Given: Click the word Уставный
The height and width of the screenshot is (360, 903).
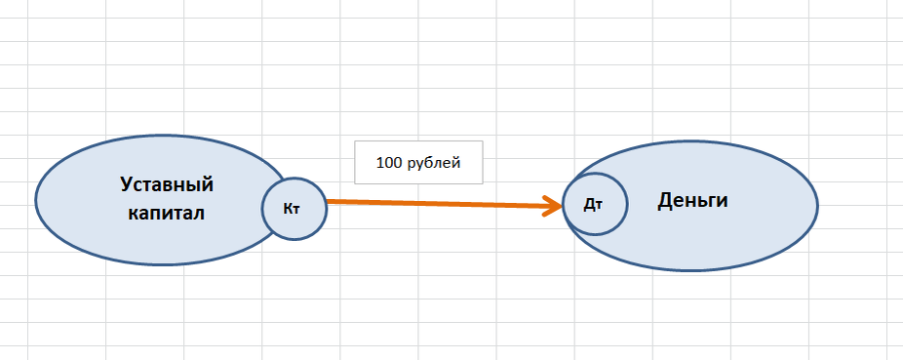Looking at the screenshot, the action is click(167, 185).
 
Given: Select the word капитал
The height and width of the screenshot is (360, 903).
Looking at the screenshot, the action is click(167, 214).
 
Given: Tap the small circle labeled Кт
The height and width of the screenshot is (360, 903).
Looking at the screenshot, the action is click(294, 209).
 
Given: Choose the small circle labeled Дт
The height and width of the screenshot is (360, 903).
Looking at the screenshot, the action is click(595, 204).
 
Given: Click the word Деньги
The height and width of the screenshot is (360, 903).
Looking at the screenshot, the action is click(692, 201).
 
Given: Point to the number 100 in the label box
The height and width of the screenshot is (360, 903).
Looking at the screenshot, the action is click(388, 163).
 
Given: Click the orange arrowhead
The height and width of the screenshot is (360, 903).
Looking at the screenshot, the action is click(554, 205).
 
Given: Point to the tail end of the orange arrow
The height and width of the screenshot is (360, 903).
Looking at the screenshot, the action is click(327, 201).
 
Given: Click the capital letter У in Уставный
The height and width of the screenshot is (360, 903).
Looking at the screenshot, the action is click(127, 185).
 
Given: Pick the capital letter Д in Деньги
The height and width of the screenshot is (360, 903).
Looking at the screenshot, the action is click(665, 201).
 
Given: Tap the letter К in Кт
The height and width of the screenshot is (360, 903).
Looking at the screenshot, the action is click(288, 209).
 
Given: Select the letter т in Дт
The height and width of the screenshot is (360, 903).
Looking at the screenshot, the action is click(599, 206).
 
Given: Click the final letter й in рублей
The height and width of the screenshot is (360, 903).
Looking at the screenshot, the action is click(456, 162).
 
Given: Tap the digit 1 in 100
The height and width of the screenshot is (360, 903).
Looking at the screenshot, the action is click(380, 163).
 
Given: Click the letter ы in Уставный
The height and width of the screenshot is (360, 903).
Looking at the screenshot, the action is click(194, 187).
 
